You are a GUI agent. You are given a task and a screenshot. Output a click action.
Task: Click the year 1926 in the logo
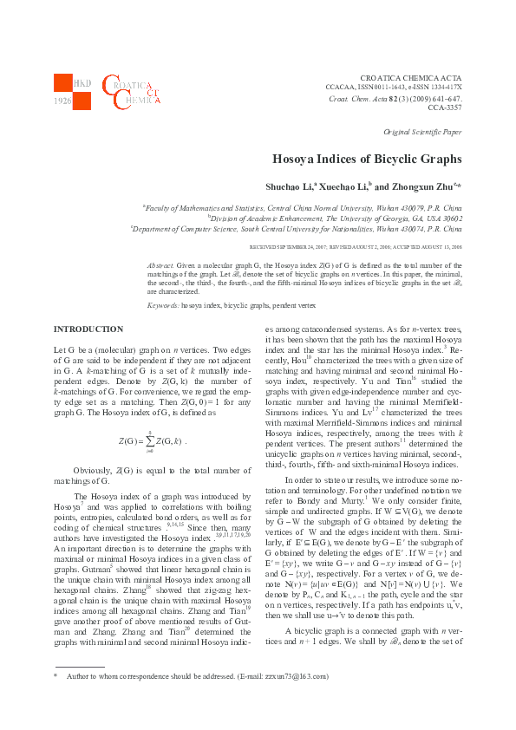tap(62, 101)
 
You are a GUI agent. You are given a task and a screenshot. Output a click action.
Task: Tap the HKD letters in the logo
tap(82, 83)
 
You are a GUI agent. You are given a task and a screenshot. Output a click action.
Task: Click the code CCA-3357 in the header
tap(445, 108)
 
